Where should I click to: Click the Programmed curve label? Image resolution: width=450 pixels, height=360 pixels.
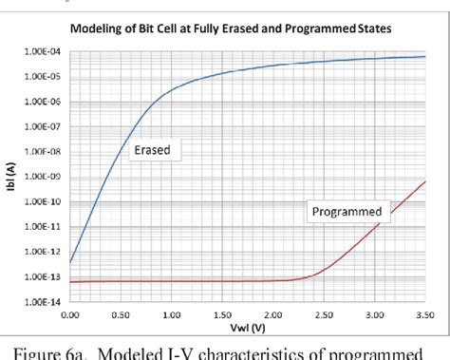coord(347,211)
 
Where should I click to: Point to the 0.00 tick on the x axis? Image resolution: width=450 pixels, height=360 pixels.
coord(70,313)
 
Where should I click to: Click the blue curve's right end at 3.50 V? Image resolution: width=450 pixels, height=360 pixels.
coord(424,57)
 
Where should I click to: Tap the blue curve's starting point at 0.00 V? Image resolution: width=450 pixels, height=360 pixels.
coord(71,262)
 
